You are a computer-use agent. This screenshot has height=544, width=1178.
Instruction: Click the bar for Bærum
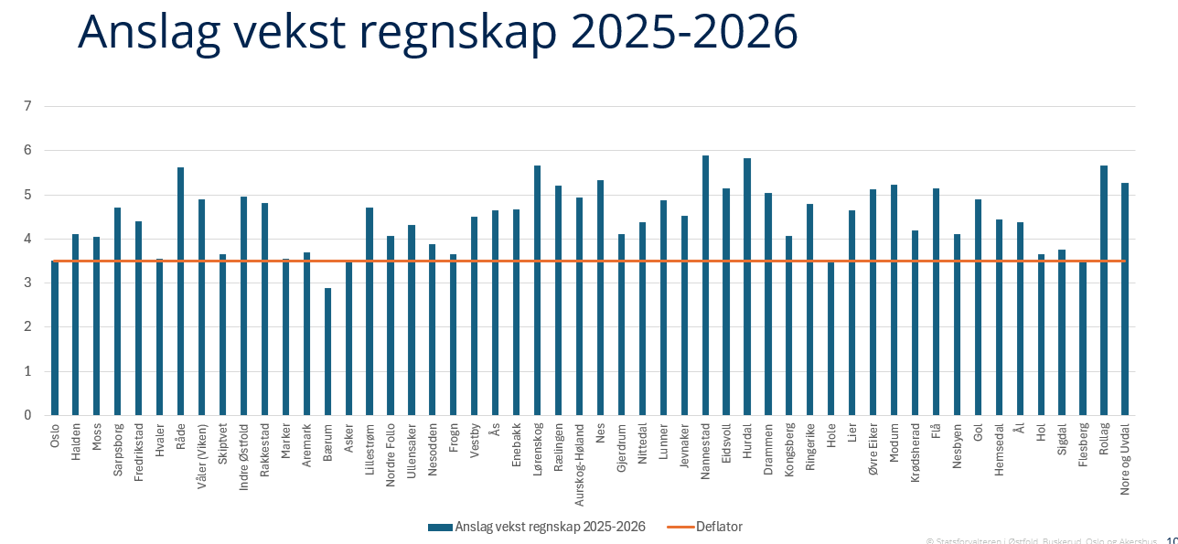327,352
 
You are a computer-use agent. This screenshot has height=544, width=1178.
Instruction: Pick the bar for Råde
180,292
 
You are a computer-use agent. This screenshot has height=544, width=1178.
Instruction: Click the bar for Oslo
55,338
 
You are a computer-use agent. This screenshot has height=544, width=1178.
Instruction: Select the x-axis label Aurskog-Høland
579,465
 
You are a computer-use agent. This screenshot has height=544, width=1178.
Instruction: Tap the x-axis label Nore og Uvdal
1125,459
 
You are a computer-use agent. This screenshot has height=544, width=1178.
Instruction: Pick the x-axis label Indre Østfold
243,456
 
